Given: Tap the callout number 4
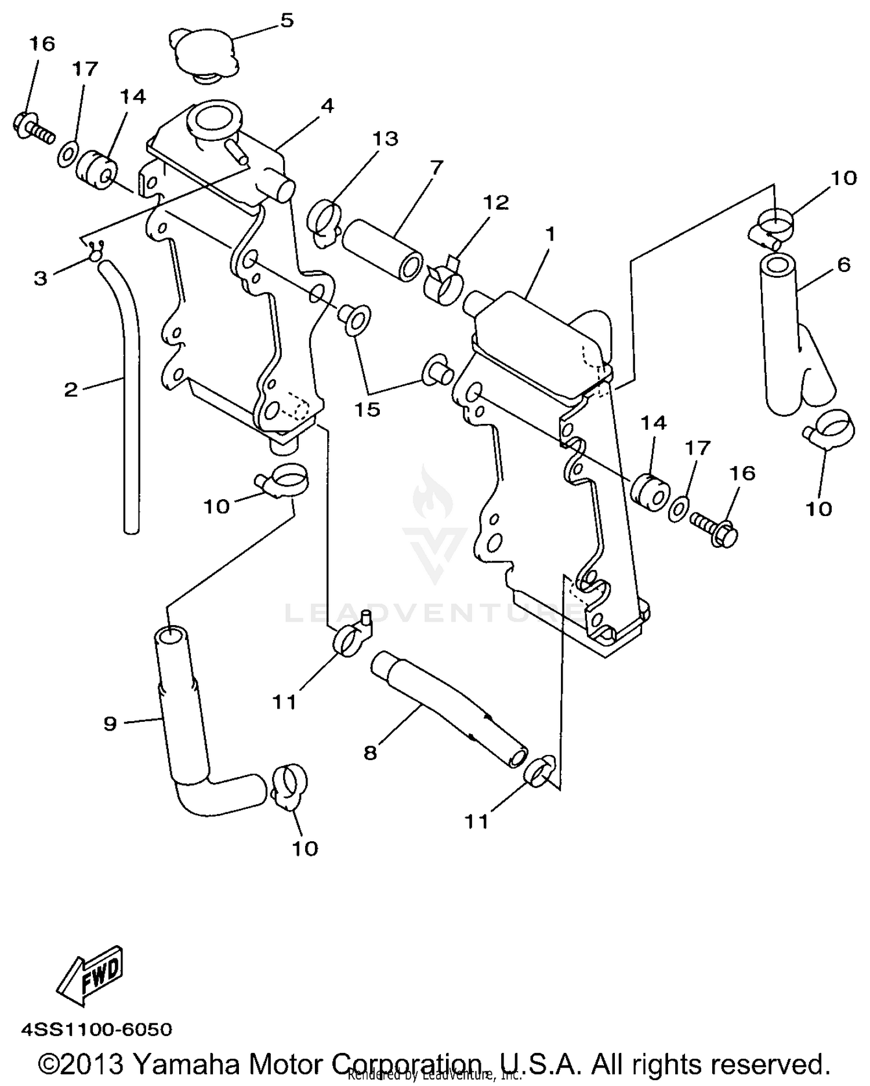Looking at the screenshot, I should [x=328, y=106].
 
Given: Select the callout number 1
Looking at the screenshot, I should [x=550, y=234].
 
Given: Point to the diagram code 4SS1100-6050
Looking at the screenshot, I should [x=97, y=1029].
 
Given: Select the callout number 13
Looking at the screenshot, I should [x=386, y=139].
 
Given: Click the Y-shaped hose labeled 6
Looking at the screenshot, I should [x=789, y=336].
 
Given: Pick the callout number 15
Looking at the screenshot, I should [x=368, y=409].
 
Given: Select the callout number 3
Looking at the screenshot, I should [x=40, y=278].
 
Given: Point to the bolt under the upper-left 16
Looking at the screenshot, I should [x=32, y=129].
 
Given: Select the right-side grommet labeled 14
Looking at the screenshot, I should [x=650, y=492].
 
